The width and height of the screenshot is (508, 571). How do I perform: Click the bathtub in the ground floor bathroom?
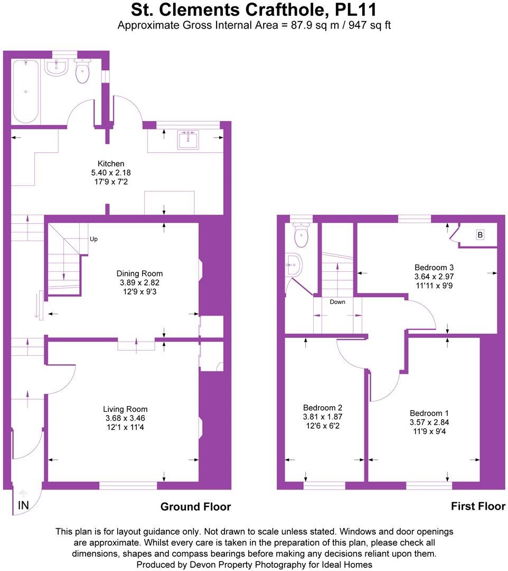click(25, 91)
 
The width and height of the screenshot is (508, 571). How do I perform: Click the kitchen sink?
click(188, 140)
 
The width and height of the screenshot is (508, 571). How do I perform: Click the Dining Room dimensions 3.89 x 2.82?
click(139, 283)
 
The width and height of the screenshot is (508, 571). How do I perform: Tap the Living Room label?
click(125, 409)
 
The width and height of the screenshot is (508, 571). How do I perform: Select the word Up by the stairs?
click(93, 239)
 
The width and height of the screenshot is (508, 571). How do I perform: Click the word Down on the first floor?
click(337, 302)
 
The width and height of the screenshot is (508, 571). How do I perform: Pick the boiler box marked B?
click(480, 235)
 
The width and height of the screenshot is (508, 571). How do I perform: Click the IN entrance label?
click(23, 505)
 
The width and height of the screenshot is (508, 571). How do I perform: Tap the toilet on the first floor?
click(302, 236)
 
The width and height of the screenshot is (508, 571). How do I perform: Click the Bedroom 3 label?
click(434, 267)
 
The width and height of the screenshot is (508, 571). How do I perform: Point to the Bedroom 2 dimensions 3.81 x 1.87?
click(323, 417)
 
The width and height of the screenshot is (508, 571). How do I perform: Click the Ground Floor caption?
click(195, 506)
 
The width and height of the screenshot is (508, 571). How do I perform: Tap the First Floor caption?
click(477, 506)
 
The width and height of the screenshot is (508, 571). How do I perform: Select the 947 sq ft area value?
click(368, 25)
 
